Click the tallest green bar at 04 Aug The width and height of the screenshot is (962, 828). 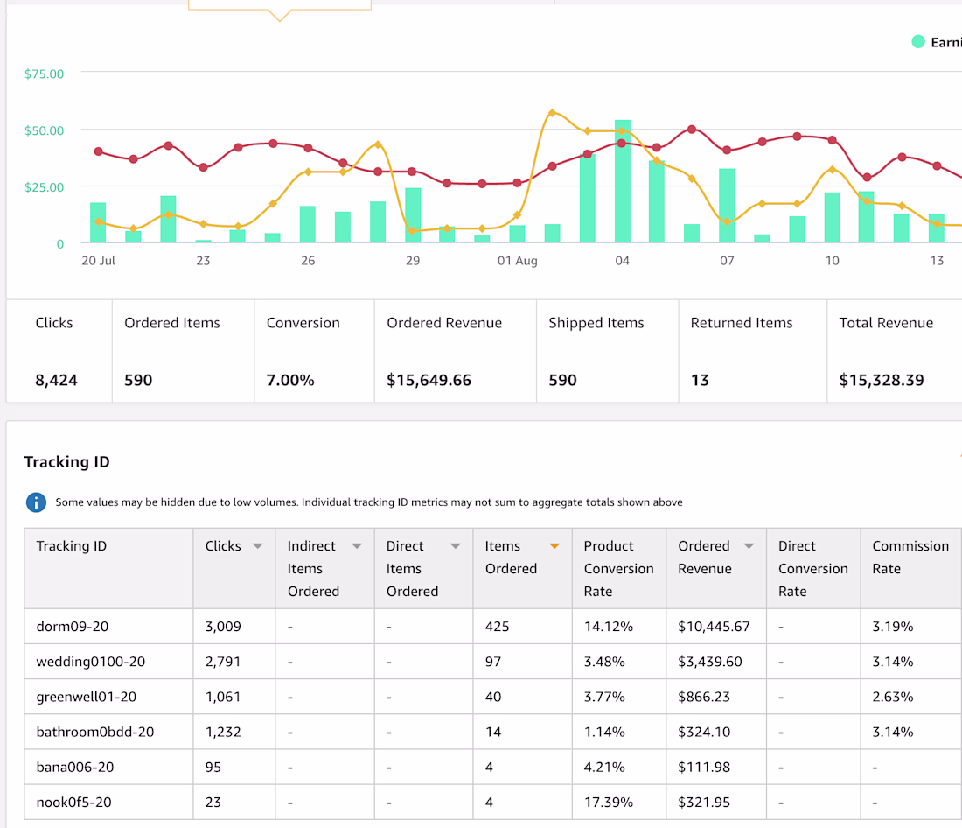point(622,181)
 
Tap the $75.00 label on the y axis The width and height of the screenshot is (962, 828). point(45,74)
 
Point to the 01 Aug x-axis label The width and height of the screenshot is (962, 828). point(517,261)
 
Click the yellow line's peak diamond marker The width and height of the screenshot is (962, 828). point(552,112)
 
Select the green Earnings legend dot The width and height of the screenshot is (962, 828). point(917,42)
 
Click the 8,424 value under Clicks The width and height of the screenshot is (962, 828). point(57,380)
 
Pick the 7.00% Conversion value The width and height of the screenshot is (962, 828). point(290,380)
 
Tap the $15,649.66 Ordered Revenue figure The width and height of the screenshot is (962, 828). point(429,380)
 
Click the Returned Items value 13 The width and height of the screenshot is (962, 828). point(700,380)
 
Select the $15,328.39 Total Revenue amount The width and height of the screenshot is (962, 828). point(881,380)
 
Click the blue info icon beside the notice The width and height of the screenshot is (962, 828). point(36,502)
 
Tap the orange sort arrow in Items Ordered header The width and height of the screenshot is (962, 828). point(554,546)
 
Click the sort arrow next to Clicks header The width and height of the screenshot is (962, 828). point(258,546)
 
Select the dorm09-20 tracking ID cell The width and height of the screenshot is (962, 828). point(73,627)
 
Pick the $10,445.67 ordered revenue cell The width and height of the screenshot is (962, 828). point(714,627)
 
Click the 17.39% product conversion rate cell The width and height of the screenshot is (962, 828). point(608,803)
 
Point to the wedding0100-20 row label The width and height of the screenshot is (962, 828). point(91,662)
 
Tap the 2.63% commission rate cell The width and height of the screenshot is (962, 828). point(893,697)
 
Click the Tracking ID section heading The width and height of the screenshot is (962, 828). point(66,462)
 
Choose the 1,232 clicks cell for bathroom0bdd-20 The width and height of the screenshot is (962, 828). point(223,732)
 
